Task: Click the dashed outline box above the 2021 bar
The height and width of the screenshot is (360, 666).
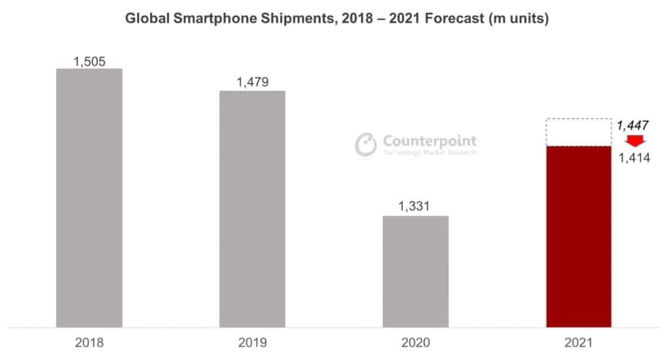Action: click(x=579, y=133)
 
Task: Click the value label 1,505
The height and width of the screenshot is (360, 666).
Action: click(x=89, y=61)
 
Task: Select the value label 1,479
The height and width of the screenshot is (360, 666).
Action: click(x=252, y=82)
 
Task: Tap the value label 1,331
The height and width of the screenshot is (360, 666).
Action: click(x=416, y=207)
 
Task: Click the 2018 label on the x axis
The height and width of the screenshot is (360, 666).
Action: click(x=89, y=343)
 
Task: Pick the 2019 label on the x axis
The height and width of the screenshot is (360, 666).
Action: click(x=252, y=343)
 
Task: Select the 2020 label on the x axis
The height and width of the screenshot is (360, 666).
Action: click(x=416, y=343)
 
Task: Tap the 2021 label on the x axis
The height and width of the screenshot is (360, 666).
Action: click(x=579, y=343)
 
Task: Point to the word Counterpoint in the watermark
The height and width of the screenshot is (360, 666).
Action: click(x=429, y=141)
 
